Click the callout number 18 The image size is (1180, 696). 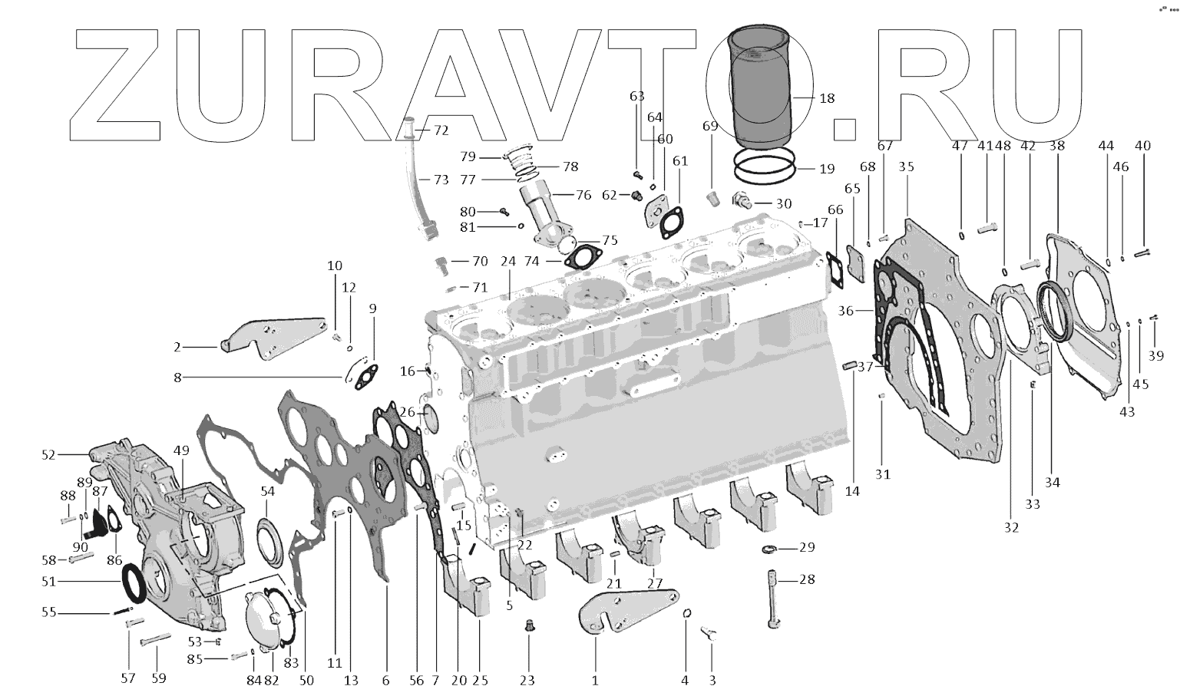pos(826,98)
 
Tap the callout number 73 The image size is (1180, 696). pos(441,180)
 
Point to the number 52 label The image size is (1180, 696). pos(49,455)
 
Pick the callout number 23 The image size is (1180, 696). pos(528,679)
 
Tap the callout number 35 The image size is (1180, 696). pos(906,167)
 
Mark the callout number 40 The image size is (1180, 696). pos(1142,146)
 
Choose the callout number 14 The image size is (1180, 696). pos(852,491)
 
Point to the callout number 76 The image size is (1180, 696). pos(583,195)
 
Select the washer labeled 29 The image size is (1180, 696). pos(767,549)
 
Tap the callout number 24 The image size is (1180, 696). pos(507,261)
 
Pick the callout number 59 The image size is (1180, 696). pos(158,678)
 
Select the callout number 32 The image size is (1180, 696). pos(1011,527)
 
